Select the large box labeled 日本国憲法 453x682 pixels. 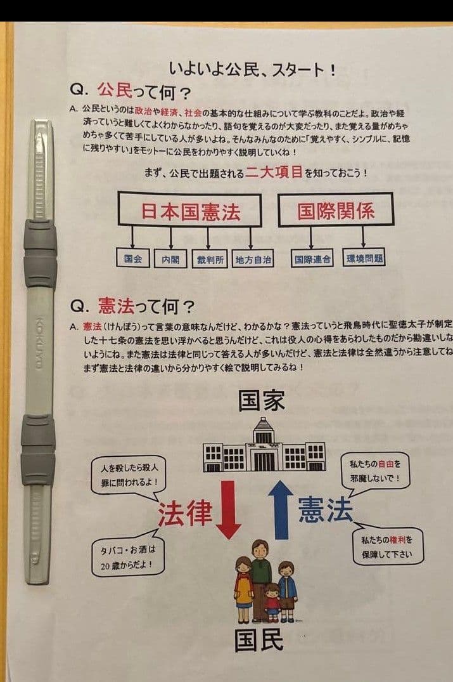tap(189, 210)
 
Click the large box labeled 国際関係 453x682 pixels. tap(336, 210)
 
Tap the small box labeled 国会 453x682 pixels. tap(133, 259)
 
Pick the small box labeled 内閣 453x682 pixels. tap(170, 260)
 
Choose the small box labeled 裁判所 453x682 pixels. tap(210, 260)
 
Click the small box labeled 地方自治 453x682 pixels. tap(253, 260)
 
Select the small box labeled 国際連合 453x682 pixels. tap(312, 259)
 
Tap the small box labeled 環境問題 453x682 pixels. tap(365, 259)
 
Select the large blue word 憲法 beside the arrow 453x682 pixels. tap(325, 509)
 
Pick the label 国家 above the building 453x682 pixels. tap(261, 401)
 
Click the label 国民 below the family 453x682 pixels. tap(258, 641)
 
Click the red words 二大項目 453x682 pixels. tap(274, 173)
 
